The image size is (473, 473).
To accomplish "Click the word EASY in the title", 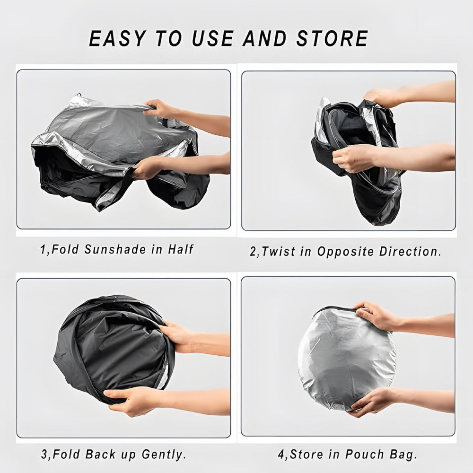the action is pos(118,39).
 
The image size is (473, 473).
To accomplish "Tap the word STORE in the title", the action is pos(332,39).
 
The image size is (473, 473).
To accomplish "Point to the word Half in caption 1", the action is pos(181,249).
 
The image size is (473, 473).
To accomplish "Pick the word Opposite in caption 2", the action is pos(345,251).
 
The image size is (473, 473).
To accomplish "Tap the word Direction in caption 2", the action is pos(408,251).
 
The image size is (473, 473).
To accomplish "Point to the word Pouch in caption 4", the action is pos(365,454).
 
